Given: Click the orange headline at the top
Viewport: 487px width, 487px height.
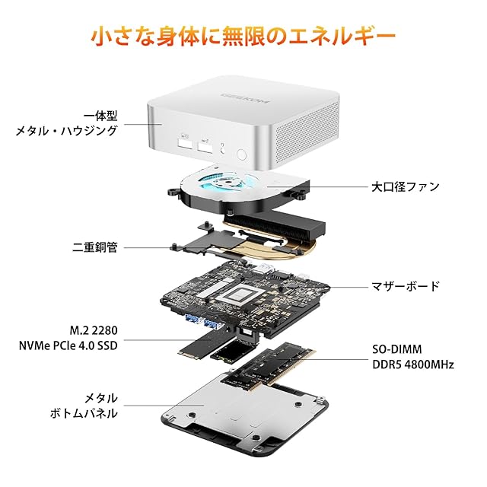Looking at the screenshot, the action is tap(243, 36).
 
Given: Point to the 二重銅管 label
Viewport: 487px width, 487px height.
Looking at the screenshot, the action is tap(94, 247).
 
